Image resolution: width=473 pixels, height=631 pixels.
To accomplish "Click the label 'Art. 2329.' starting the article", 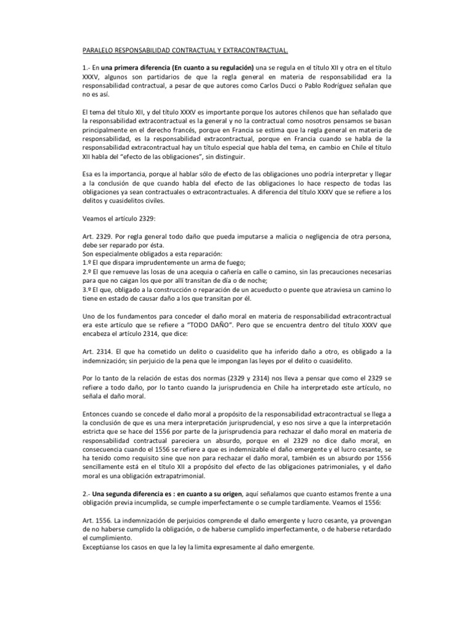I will click(x=98, y=237).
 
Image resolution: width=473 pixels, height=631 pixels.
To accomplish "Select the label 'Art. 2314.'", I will click(x=98, y=350).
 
